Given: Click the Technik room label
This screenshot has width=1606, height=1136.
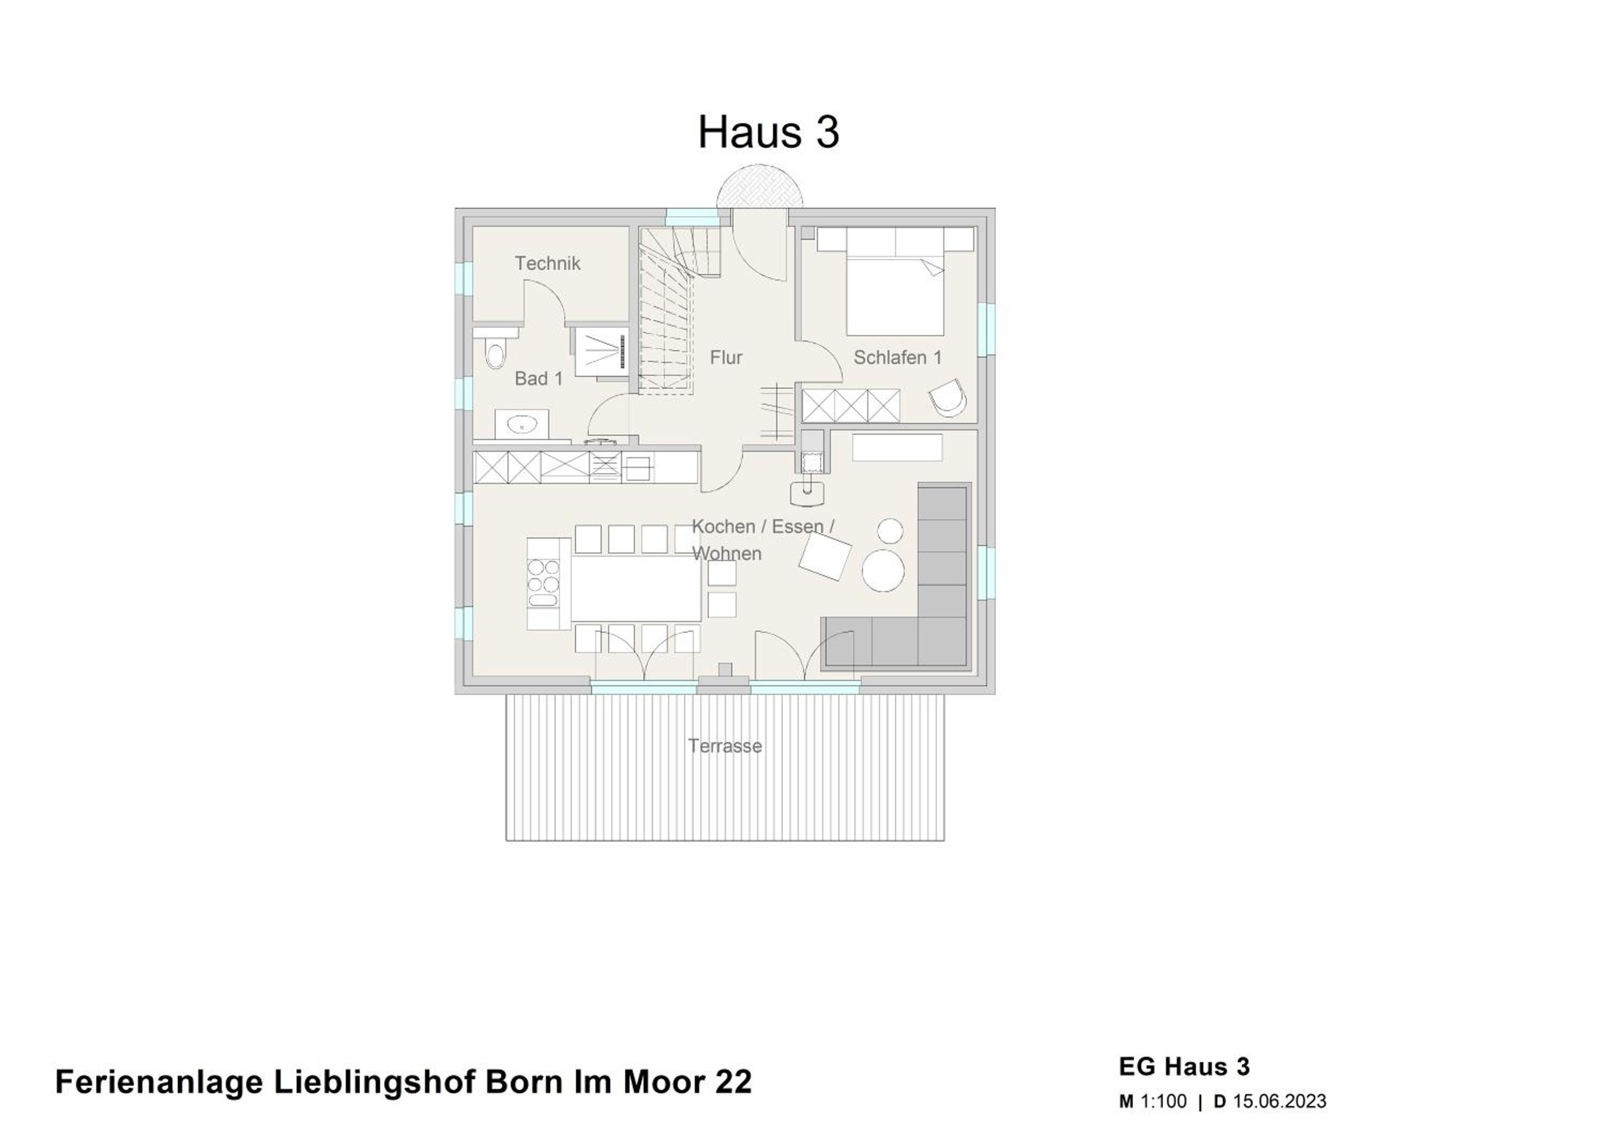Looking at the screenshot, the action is (547, 264).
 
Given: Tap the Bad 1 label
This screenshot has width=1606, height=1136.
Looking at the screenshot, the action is (539, 378).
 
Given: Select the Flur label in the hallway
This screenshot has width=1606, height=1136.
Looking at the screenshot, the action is (726, 358).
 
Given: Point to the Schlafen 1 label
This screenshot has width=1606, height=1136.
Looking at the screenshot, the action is (897, 358).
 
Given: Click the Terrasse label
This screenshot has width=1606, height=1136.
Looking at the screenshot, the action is (725, 746).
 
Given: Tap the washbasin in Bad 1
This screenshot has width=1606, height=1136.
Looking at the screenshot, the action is (521, 424).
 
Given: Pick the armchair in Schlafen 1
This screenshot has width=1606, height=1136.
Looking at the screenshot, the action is (949, 399).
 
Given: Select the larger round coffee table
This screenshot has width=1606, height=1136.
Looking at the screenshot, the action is (883, 570).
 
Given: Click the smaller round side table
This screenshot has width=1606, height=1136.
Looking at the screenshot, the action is (890, 531).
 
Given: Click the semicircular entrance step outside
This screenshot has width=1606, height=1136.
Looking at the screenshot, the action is (760, 186).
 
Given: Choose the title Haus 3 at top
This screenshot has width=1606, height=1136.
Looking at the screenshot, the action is (768, 132).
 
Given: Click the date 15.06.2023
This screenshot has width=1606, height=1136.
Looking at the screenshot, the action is (1279, 1102).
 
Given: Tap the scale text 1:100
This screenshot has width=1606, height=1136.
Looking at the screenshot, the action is (1164, 1102).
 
